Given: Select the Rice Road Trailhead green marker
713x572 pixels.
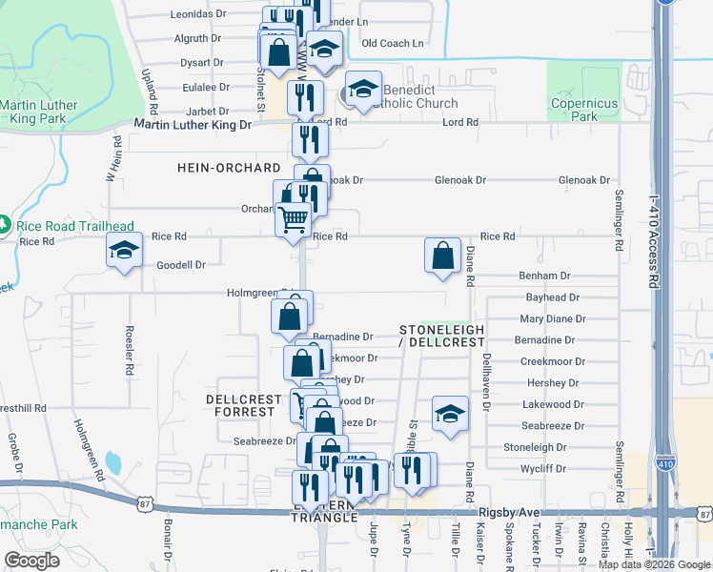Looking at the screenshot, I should [7, 226].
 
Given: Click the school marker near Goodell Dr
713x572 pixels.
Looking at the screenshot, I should [124, 251].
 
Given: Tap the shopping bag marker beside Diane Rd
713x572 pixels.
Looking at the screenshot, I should [442, 256].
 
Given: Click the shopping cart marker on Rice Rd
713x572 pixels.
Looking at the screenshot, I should [293, 219].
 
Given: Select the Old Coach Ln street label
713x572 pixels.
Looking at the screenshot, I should [393, 44].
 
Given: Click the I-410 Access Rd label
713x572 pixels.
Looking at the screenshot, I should [653, 242].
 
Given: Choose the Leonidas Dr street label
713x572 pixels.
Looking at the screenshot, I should [198, 15].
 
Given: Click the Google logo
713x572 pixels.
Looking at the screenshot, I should [31, 561].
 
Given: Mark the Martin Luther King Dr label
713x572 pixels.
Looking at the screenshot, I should [193, 125].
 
